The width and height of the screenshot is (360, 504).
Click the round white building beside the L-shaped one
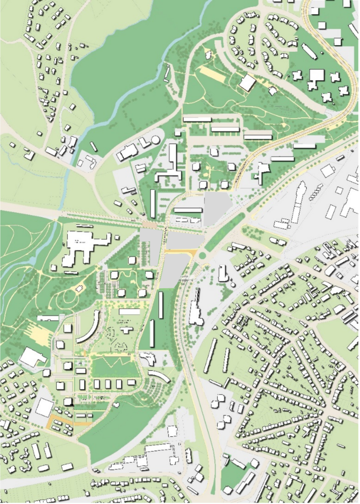(156, 139)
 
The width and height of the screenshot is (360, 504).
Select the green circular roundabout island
(202, 255)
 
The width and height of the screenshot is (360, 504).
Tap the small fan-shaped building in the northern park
(273, 91)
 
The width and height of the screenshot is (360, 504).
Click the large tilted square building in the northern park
(247, 83)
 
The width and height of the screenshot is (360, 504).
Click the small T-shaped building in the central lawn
(126, 329)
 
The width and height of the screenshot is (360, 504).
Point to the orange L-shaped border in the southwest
(65, 420)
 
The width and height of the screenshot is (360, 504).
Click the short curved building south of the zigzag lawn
(158, 376)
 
